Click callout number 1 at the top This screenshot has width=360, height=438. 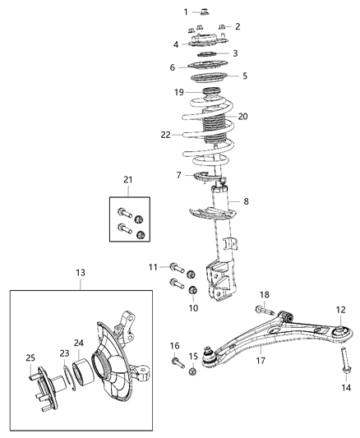pyautogui.click(x=186, y=12)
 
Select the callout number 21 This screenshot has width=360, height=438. pyautogui.click(x=127, y=180)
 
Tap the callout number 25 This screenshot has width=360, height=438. pyautogui.click(x=30, y=357)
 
